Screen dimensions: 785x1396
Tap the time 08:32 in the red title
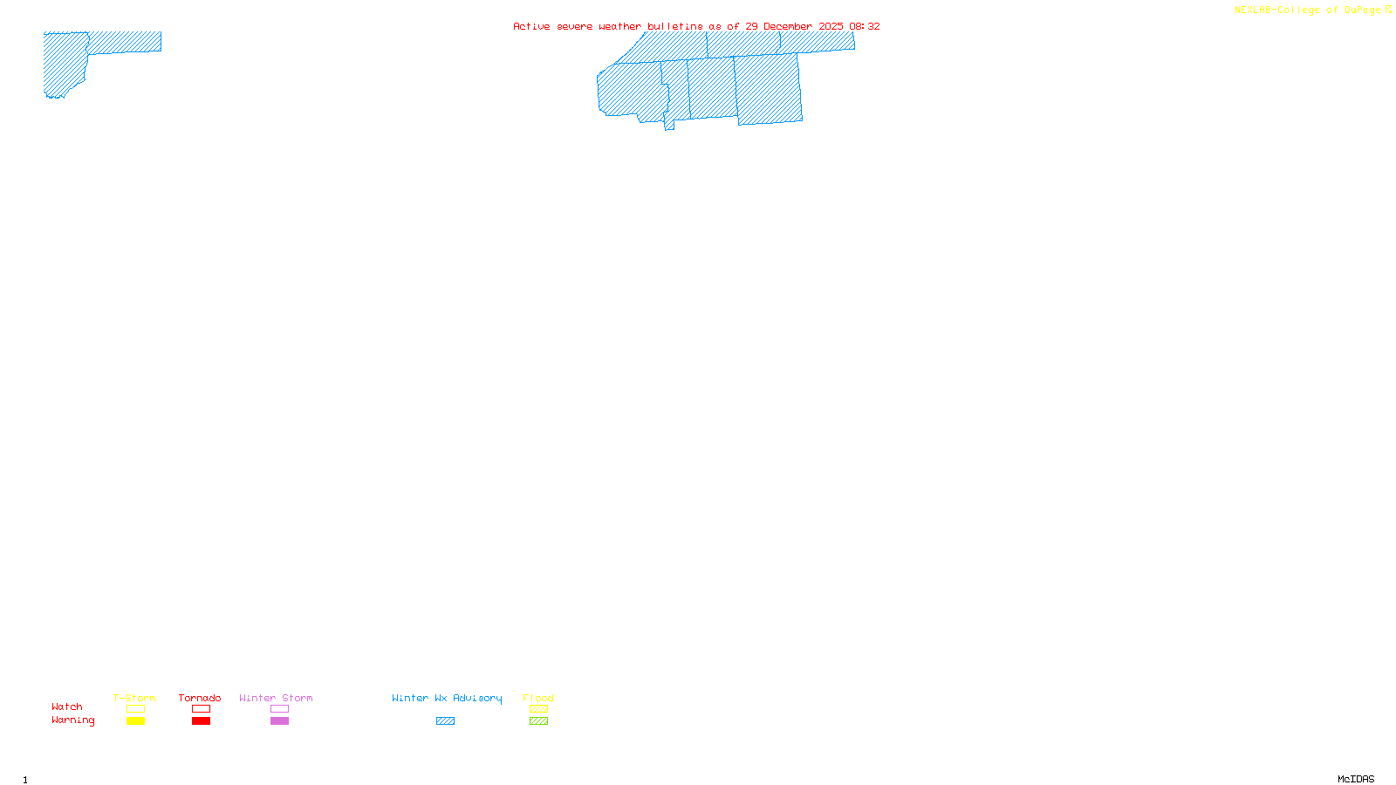[864, 26]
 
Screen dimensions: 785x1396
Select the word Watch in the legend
[67, 706]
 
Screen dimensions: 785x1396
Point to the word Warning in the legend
[72, 720]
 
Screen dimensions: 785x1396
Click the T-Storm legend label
[134, 698]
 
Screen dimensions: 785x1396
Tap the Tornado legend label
[200, 698]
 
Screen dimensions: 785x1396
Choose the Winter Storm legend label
[276, 698]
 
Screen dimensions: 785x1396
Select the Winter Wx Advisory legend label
[447, 698]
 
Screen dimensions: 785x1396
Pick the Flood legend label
[538, 698]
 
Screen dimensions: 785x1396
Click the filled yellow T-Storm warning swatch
[135, 721]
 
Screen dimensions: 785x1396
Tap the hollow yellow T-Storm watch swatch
[135, 709]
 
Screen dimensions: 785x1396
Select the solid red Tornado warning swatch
[201, 721]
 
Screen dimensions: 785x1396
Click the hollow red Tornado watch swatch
[201, 709]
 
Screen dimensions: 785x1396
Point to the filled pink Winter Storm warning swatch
[279, 721]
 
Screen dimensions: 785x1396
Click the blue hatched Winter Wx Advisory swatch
[445, 721]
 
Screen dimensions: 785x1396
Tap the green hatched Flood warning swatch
[538, 721]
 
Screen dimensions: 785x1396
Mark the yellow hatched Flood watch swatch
[538, 709]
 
